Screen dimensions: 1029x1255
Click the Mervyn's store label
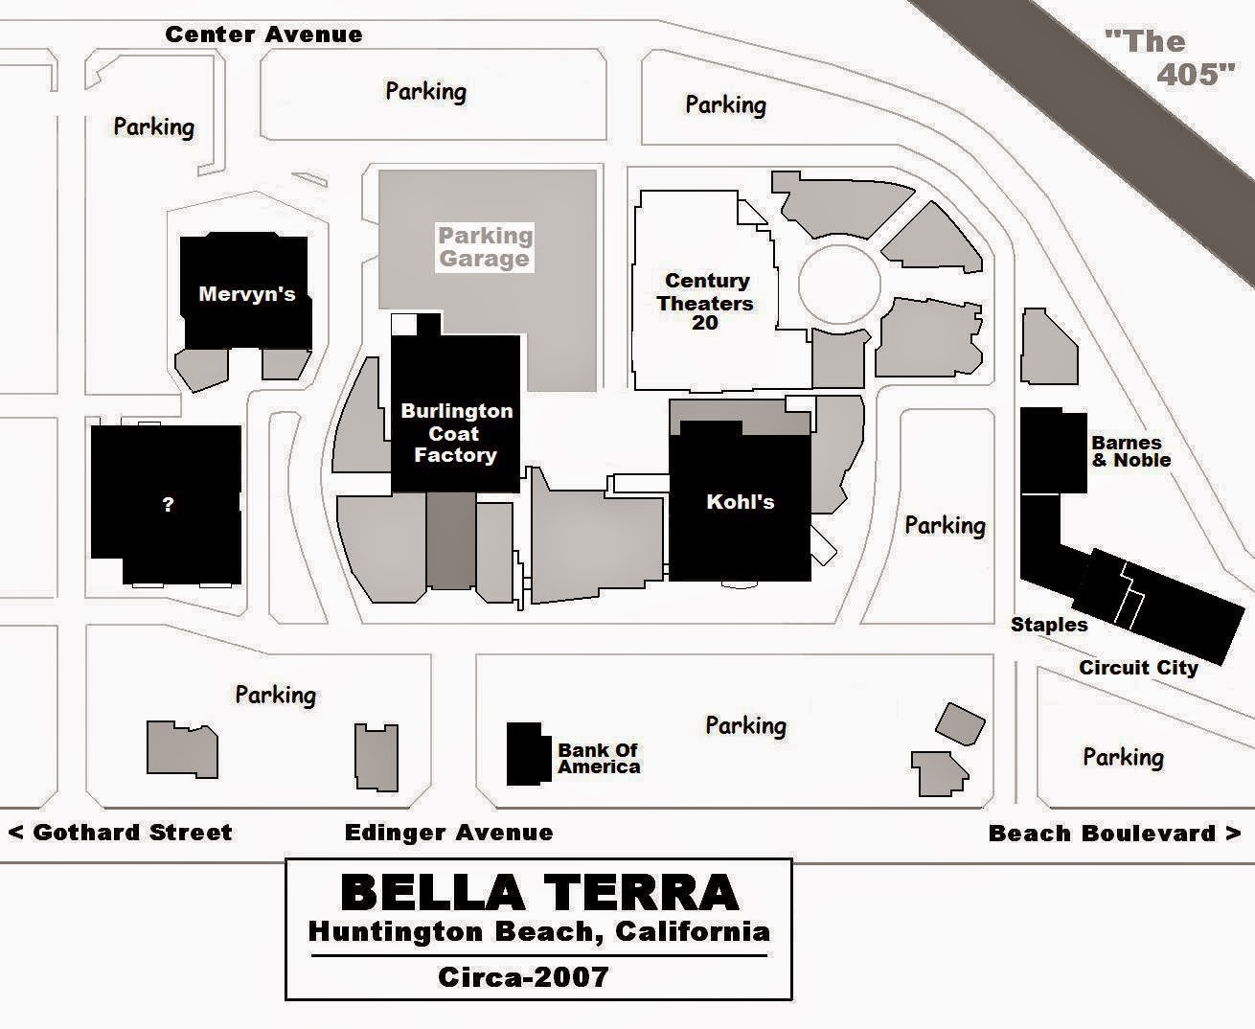point(246,294)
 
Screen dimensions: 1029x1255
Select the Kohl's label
point(740,502)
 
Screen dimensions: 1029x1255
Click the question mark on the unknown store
point(168,504)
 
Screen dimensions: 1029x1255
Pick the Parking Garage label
point(485,247)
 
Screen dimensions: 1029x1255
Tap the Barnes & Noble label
point(1130,451)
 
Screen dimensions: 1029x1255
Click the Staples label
point(1049,625)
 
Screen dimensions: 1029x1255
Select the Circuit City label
point(1138,668)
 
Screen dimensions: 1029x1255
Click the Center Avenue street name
point(263,34)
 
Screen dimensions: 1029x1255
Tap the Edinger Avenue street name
point(448,833)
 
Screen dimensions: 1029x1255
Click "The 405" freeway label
point(1167,57)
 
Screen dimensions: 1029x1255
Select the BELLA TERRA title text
point(539,892)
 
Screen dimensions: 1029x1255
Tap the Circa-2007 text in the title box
point(523,976)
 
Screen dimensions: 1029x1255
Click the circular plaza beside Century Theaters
point(839,285)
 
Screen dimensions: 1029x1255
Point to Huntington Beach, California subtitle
point(538,931)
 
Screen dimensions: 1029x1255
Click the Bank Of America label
point(599,758)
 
